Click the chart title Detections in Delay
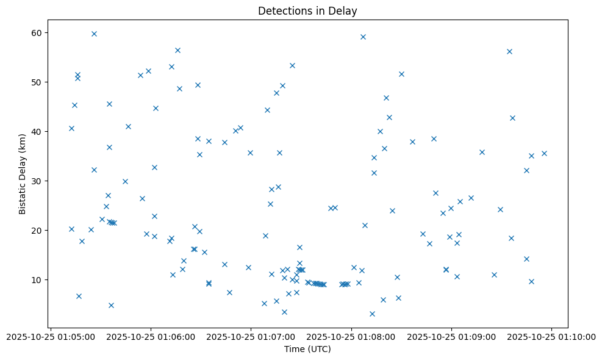(x=307, y=10)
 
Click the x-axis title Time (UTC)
(x=307, y=349)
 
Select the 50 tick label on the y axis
(x=37, y=82)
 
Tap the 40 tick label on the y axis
(x=37, y=131)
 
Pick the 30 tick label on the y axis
(x=37, y=181)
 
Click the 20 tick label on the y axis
(x=37, y=230)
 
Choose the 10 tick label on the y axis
(x=37, y=279)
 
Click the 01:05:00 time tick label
(x=51, y=337)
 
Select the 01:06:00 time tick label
(x=151, y=337)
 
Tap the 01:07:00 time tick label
(x=251, y=337)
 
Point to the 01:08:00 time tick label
(x=351, y=337)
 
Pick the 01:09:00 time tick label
(x=451, y=337)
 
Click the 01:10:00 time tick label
(x=551, y=337)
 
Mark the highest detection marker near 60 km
(x=94, y=34)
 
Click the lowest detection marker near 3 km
(x=372, y=314)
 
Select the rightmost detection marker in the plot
(x=544, y=153)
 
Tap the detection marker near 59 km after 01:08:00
(x=363, y=37)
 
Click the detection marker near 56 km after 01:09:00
(x=509, y=51)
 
